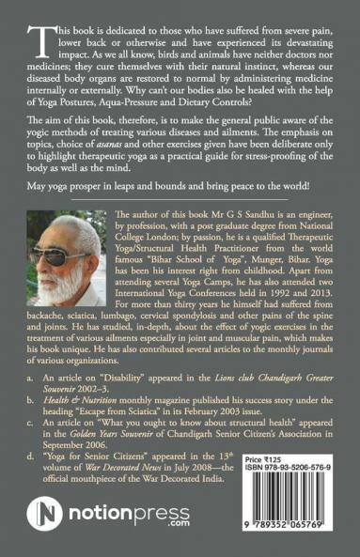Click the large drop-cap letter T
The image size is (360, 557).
[x=41, y=38]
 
